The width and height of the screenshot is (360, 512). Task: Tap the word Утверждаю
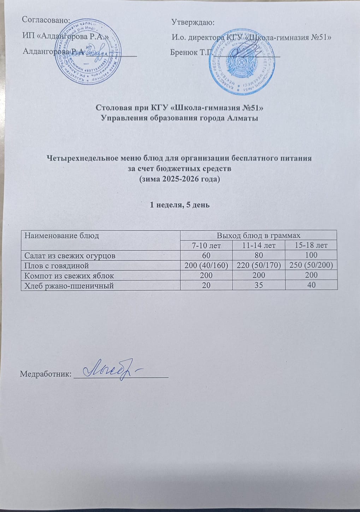pyautogui.click(x=193, y=23)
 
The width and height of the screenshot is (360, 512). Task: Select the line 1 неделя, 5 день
pyautogui.click(x=180, y=205)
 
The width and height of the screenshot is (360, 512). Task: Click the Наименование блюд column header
pyautogui.click(x=61, y=235)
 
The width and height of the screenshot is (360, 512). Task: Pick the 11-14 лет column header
pyautogui.click(x=259, y=245)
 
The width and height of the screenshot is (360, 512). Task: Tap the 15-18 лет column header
pyautogui.click(x=311, y=245)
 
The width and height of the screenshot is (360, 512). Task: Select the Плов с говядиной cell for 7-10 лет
pyautogui.click(x=206, y=265)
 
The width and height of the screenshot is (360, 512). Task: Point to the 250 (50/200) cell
pyautogui.click(x=311, y=265)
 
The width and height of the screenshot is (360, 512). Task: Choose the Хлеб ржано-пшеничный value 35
pyautogui.click(x=259, y=285)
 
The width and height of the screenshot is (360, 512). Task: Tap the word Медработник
pyautogui.click(x=46, y=374)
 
